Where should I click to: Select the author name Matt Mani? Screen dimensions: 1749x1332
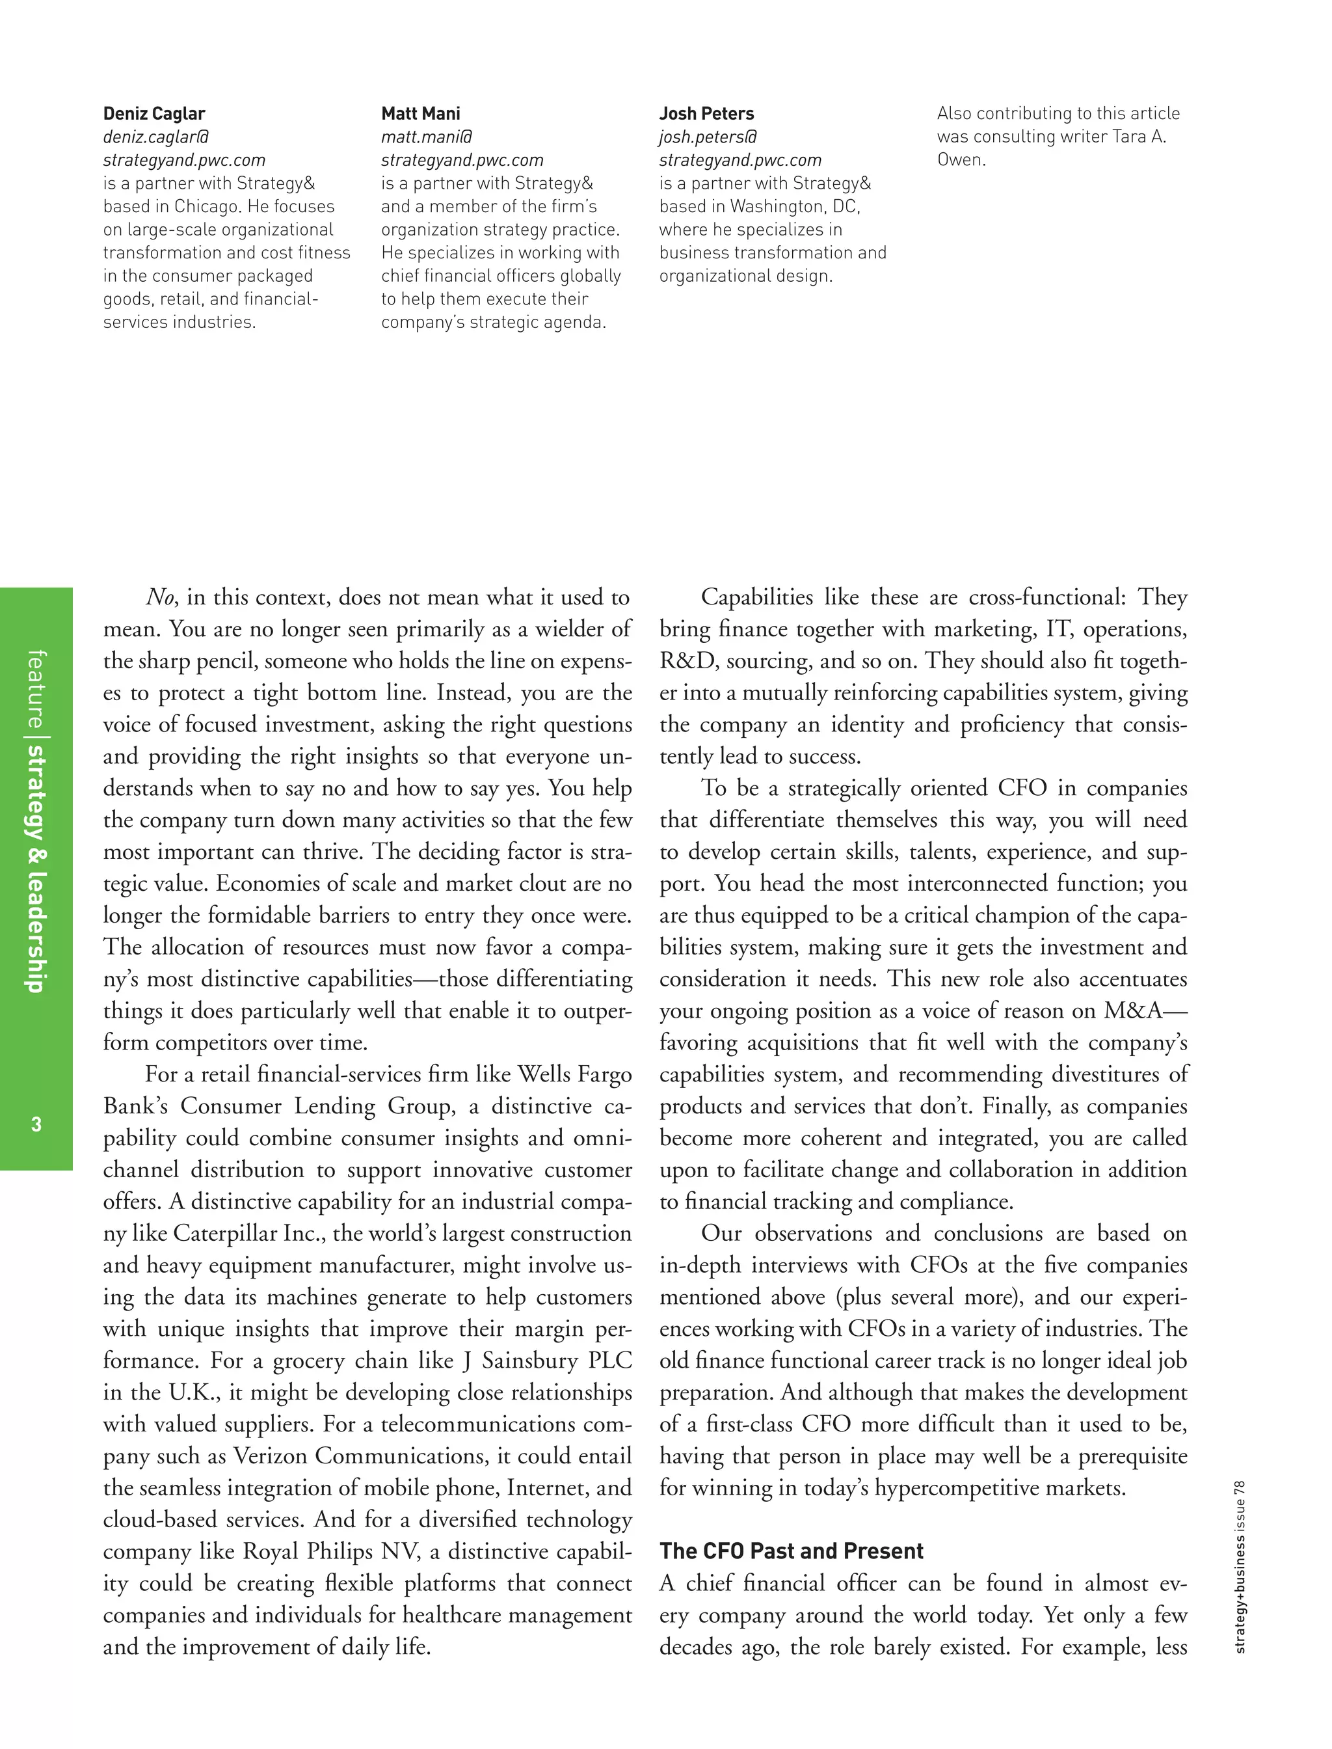tap(420, 113)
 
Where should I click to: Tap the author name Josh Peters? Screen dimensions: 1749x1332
tap(706, 113)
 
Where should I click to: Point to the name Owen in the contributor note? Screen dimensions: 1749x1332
tap(960, 159)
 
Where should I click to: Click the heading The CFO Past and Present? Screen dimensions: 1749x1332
tap(792, 1551)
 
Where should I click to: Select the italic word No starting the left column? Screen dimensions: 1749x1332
tap(160, 597)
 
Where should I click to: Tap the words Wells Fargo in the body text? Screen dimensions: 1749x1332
tap(574, 1075)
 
